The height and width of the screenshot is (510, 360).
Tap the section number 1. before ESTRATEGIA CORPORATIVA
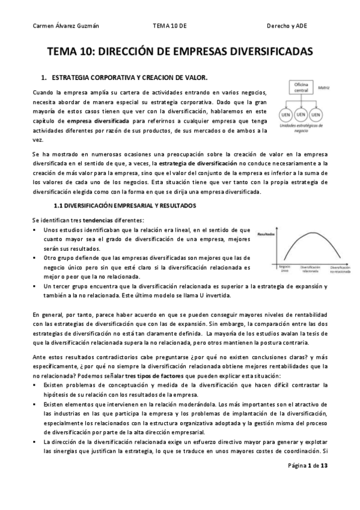click(x=43, y=78)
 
